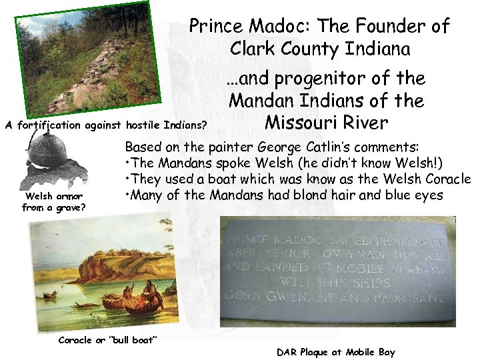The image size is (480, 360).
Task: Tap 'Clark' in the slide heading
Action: tap(255, 49)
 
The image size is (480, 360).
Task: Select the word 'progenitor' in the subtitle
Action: tap(317, 79)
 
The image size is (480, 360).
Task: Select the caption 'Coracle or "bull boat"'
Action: tap(107, 340)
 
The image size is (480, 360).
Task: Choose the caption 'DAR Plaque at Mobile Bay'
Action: tap(335, 352)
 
